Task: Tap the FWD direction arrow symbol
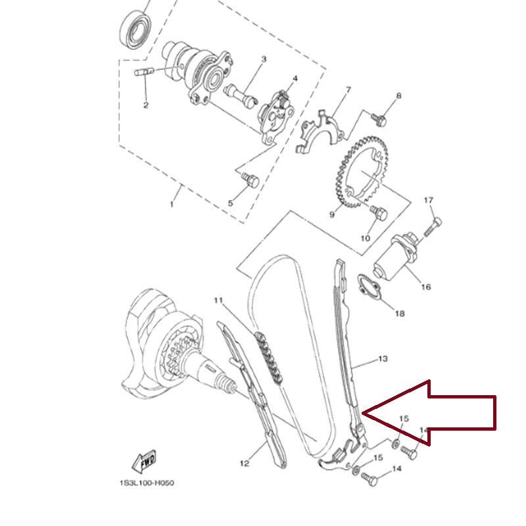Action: tap(144, 462)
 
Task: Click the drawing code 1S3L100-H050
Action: tap(147, 483)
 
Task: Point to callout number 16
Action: tap(425, 287)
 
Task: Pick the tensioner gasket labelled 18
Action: tap(369, 286)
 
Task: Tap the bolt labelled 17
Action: tap(433, 227)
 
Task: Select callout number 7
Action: tap(348, 90)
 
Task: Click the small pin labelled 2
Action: tap(144, 72)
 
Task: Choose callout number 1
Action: tap(172, 204)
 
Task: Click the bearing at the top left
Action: tap(135, 31)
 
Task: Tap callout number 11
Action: tap(218, 300)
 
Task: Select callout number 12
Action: tap(245, 464)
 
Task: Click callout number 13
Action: tap(383, 359)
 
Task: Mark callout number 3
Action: tap(264, 59)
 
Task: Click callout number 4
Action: tap(295, 78)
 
